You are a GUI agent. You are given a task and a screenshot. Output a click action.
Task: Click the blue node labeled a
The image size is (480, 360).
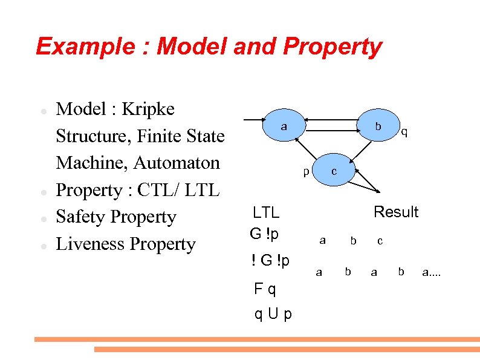pos(283,126)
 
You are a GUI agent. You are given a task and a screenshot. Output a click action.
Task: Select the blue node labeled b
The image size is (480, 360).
pos(378,126)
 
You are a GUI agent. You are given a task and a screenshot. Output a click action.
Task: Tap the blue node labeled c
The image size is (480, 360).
pos(334,172)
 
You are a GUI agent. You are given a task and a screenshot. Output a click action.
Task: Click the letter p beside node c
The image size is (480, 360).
pos(306,172)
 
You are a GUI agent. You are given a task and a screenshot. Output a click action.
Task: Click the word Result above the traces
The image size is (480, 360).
pos(396,212)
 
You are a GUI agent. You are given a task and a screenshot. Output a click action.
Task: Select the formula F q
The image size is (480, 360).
pos(265,289)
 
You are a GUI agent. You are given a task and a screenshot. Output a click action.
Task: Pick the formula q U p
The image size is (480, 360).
pos(273,314)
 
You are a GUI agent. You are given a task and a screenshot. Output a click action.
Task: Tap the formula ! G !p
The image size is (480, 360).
pos(270,260)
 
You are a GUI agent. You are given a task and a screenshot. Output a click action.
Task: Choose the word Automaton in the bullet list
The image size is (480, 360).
pos(177,163)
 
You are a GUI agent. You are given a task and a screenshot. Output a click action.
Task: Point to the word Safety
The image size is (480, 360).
pos(82,217)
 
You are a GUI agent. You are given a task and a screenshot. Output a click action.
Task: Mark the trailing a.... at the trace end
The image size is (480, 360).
pos(432,273)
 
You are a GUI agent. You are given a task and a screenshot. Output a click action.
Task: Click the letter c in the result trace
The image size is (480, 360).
pos(380,241)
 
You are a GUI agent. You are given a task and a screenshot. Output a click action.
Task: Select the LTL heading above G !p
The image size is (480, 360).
pos(266,212)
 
